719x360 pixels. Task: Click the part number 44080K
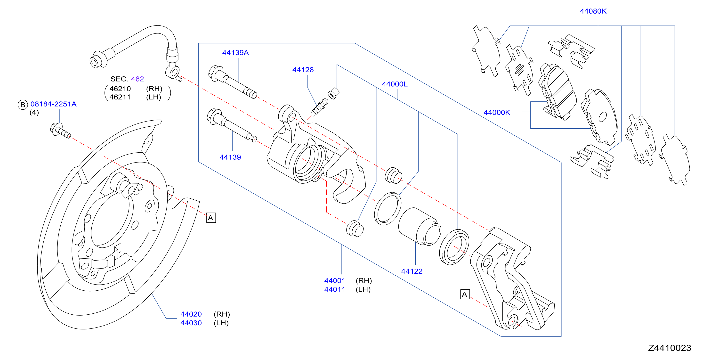click(593, 11)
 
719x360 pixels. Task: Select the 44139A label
click(235, 52)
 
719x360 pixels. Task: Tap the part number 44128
click(303, 70)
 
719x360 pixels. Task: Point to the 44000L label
click(395, 84)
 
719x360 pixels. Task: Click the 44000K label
click(497, 113)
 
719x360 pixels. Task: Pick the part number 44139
click(230, 157)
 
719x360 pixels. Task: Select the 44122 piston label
click(412, 271)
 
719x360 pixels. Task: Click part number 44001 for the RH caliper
click(335, 280)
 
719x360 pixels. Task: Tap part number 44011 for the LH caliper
click(335, 289)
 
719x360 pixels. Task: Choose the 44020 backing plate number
click(191, 314)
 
